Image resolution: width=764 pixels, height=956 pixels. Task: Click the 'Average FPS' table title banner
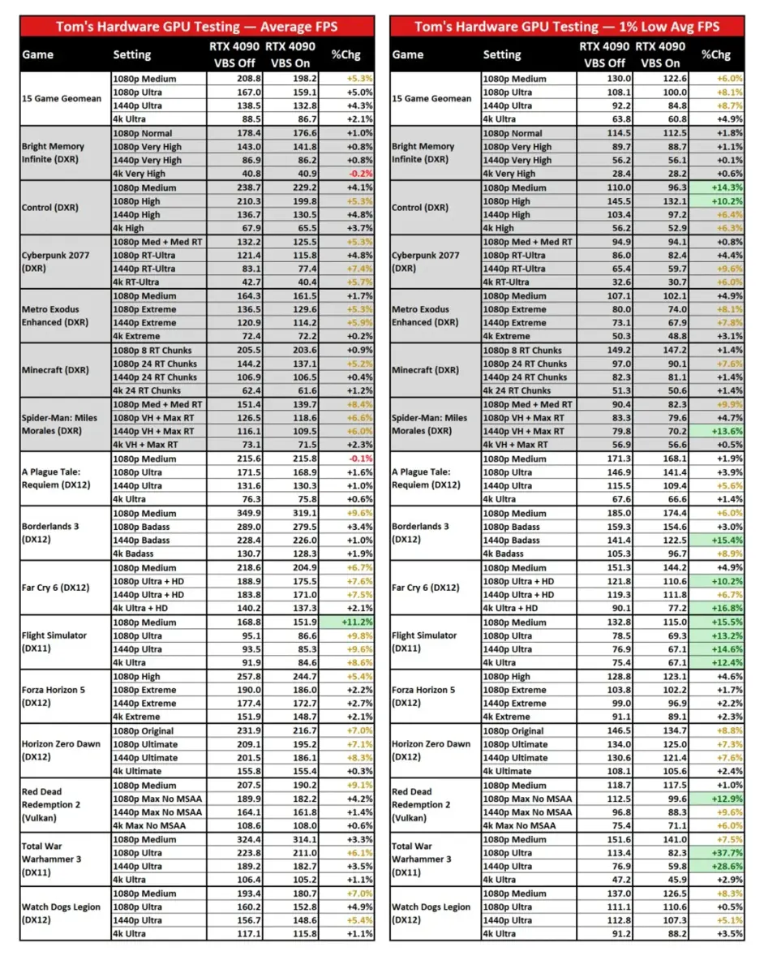click(x=197, y=26)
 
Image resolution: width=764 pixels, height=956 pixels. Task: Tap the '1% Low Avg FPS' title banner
click(x=567, y=26)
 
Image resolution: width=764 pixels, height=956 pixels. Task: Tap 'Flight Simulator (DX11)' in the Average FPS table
click(x=54, y=642)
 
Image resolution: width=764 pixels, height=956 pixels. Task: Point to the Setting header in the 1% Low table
click(x=502, y=54)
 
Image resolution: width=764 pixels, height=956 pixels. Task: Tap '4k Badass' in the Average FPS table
click(x=138, y=554)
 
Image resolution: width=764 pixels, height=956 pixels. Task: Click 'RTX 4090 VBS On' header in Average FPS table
click(x=290, y=54)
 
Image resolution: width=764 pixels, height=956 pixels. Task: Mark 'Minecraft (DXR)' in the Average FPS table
click(x=54, y=370)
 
